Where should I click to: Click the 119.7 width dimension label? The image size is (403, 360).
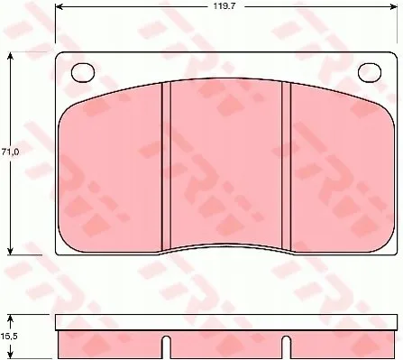click(x=224, y=6)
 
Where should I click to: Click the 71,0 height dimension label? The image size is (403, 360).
click(x=10, y=152)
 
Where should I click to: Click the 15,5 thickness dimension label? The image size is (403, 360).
click(x=10, y=337)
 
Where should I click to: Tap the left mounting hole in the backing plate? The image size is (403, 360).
click(x=83, y=72)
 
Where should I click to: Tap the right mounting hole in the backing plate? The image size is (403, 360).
click(x=370, y=72)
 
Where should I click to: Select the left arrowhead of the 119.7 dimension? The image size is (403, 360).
click(x=60, y=6)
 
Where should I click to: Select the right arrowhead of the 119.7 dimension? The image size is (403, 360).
click(x=394, y=6)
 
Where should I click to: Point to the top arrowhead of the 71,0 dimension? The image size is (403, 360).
click(x=11, y=56)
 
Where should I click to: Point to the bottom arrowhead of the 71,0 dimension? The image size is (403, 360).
click(x=11, y=251)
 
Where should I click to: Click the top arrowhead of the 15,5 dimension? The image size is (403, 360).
click(x=11, y=318)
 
